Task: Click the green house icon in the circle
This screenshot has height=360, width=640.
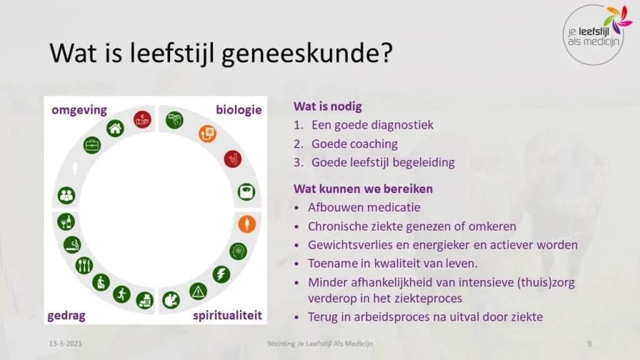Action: pyautogui.click(x=115, y=129)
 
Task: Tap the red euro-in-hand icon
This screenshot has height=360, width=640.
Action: pyautogui.click(x=142, y=119)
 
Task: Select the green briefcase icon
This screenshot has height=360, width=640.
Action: pyautogui.click(x=92, y=145)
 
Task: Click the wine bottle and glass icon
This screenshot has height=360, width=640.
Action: pyautogui.click(x=66, y=221)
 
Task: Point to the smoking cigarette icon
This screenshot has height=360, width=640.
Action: pyautogui.click(x=73, y=244)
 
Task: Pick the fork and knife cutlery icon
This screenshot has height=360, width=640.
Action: pyautogui.click(x=84, y=265)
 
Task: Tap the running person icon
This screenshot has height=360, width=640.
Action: pyautogui.click(x=121, y=293)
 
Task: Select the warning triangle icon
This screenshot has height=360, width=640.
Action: pyautogui.click(x=199, y=291)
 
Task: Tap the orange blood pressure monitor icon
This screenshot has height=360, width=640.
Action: pyautogui.click(x=207, y=133)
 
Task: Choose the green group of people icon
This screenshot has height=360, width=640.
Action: pyautogui.click(x=66, y=195)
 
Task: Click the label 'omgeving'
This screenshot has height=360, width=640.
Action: pyautogui.click(x=79, y=110)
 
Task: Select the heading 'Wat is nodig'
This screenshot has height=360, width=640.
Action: pyautogui.click(x=327, y=106)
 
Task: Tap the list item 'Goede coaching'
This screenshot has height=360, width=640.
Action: pyautogui.click(x=354, y=144)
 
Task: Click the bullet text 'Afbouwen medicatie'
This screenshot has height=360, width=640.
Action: pyautogui.click(x=364, y=207)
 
